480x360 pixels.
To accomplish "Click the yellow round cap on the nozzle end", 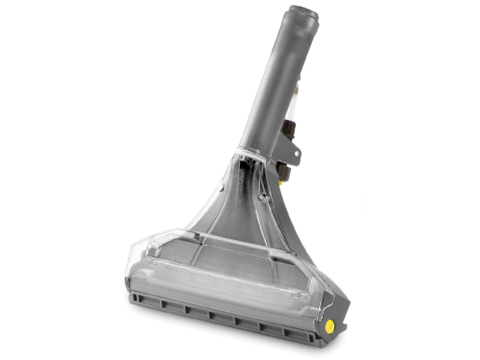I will coord(329,326).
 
